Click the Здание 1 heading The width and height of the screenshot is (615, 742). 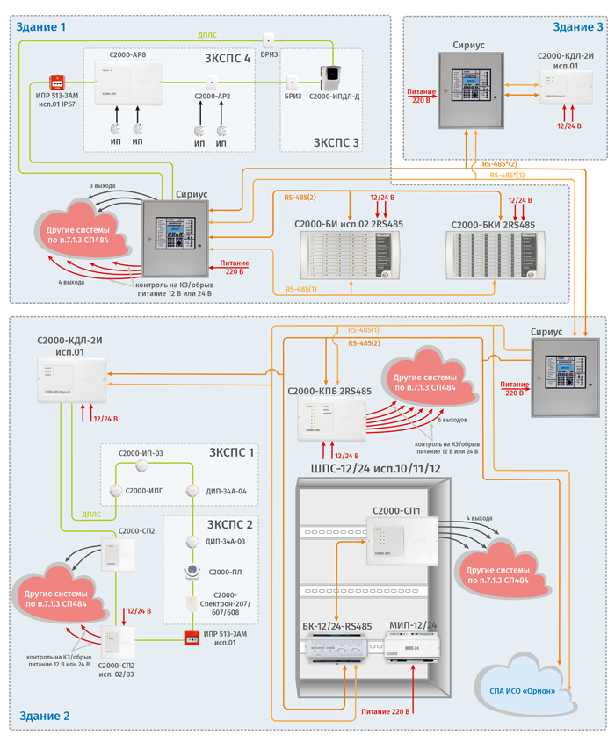pos(41,27)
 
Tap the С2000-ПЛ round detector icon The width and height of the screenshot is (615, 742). pos(190,572)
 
